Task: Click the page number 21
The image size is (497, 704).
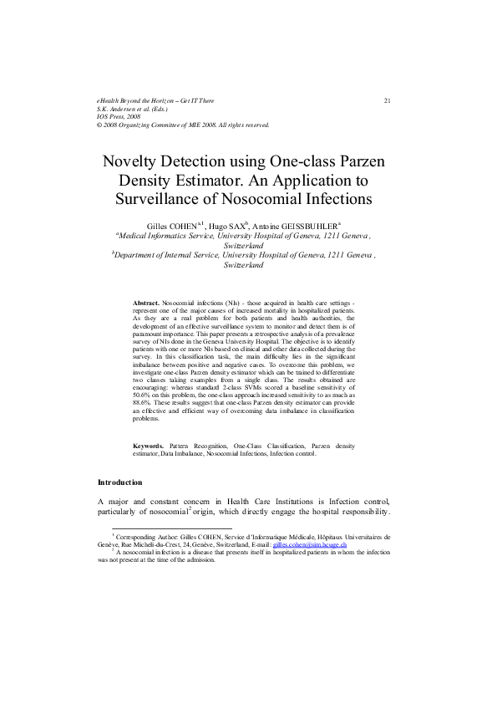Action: coord(388,101)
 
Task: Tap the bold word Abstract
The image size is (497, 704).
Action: coord(146,299)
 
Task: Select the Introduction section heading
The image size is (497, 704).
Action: coord(120,483)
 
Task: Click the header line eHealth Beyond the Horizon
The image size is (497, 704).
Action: coord(155,101)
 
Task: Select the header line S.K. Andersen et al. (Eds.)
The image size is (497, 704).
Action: coord(133,109)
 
